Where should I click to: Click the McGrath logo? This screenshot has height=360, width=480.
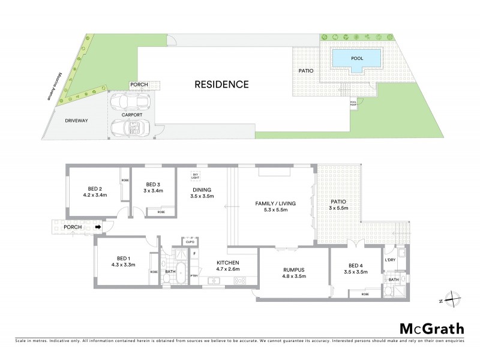click(431, 328)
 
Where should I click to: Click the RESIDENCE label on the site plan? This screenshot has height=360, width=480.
click(221, 84)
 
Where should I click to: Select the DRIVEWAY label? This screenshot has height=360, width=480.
click(77, 121)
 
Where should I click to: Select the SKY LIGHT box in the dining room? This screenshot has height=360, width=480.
click(194, 176)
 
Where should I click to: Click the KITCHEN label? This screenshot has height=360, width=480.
click(228, 263)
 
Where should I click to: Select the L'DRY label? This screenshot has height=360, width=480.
click(390, 259)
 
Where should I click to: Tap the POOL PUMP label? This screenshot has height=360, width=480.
click(353, 103)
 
